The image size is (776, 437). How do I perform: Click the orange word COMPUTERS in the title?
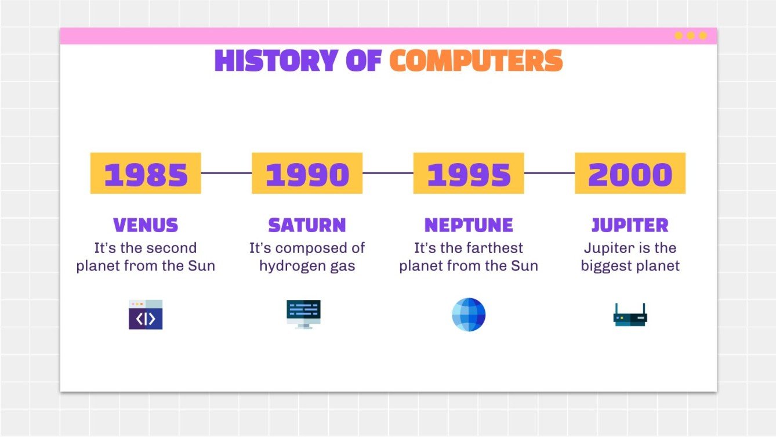[x=476, y=61]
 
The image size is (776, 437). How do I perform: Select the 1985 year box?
[x=146, y=174]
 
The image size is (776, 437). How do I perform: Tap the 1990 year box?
[x=307, y=174]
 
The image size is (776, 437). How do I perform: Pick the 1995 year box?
[x=469, y=174]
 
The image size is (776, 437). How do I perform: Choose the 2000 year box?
[x=630, y=174]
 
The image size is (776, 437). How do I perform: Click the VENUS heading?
[x=146, y=225]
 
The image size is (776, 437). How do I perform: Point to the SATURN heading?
[x=307, y=225]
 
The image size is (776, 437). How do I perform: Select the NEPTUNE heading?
[x=469, y=225]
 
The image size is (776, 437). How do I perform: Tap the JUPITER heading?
[x=630, y=225]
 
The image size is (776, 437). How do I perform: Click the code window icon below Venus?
[x=146, y=315]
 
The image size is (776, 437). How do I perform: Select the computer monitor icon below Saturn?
[x=303, y=314]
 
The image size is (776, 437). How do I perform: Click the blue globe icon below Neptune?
[x=469, y=315]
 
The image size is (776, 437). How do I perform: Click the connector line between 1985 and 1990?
[x=226, y=173]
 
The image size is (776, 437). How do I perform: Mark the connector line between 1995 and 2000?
[x=549, y=173]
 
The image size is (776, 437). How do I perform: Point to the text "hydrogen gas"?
[x=307, y=266]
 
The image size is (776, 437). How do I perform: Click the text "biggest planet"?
[x=630, y=266]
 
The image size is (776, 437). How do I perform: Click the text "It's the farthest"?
[x=469, y=248]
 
